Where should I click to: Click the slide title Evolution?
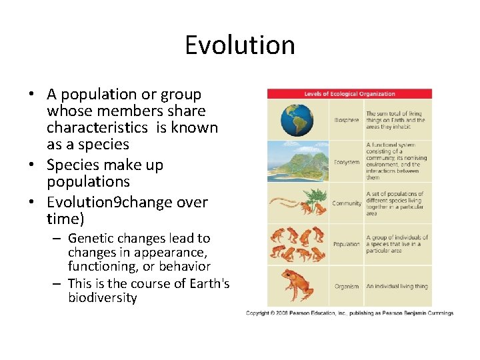tap(240, 45)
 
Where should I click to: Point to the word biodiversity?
tap(102, 298)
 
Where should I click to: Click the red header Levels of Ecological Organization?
tap(349, 94)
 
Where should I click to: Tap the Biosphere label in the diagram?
tap(347, 121)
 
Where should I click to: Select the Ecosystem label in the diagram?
tap(347, 162)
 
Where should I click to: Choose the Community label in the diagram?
tap(347, 203)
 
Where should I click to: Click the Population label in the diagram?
tap(347, 245)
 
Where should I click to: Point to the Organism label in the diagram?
tap(347, 287)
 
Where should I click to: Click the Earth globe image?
tap(297, 121)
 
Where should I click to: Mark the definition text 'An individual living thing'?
tap(397, 287)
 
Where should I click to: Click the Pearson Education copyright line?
tap(349, 313)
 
